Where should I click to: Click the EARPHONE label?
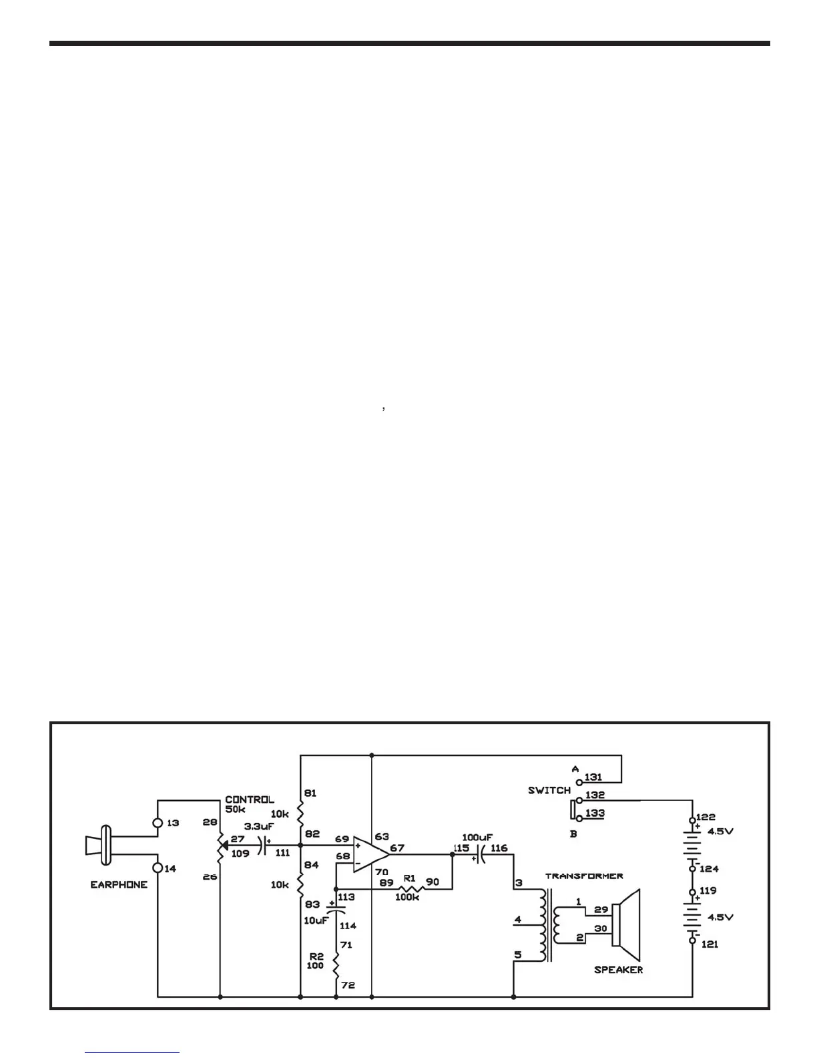tap(119, 885)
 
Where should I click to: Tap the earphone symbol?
tap(100, 845)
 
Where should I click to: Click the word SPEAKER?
tap(618, 970)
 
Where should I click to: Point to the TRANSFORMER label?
tap(583, 876)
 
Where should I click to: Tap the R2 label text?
tap(316, 956)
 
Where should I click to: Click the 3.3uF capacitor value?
tap(260, 826)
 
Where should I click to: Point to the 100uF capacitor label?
tap(477, 837)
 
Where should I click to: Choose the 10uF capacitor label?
tap(316, 920)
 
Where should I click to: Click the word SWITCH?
tap(549, 790)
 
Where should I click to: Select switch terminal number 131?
tap(593, 777)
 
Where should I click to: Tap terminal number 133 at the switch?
tap(594, 814)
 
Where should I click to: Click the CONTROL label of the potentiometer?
tap(249, 800)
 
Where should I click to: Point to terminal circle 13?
tap(158, 823)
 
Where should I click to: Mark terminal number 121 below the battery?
tap(710, 944)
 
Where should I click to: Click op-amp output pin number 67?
tap(397, 848)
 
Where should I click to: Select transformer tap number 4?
tap(517, 920)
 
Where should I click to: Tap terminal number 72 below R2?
tap(347, 985)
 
